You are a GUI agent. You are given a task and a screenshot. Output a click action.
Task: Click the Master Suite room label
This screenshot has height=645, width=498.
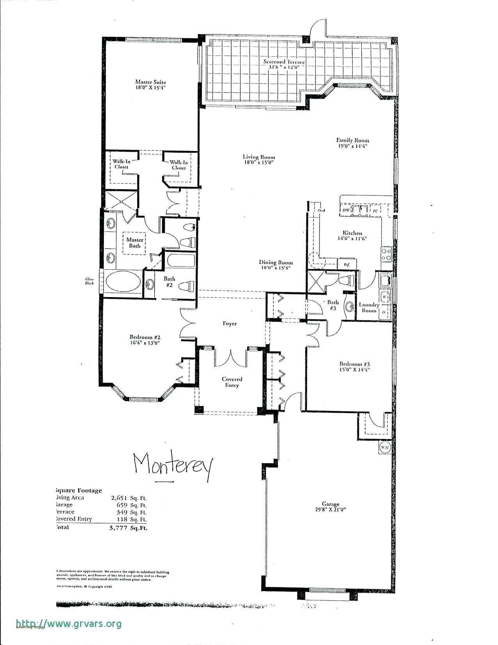click(x=150, y=82)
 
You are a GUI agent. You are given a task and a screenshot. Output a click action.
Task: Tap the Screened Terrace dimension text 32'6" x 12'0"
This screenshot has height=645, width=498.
click(x=284, y=67)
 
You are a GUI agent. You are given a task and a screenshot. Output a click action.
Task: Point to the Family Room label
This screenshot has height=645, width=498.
click(x=352, y=140)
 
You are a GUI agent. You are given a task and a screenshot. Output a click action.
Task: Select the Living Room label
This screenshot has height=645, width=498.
click(x=259, y=157)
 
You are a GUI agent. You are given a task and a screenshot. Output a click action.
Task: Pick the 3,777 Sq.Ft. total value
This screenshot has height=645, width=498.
click(x=129, y=528)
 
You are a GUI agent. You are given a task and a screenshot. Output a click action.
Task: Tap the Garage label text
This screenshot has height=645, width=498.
click(x=330, y=504)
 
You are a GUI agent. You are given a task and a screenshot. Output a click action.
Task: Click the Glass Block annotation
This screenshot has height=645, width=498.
click(x=89, y=281)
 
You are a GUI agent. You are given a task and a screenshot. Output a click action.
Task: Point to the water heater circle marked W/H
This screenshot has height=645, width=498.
click(x=385, y=447)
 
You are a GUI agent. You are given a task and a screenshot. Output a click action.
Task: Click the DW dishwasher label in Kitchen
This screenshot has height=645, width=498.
click(x=346, y=210)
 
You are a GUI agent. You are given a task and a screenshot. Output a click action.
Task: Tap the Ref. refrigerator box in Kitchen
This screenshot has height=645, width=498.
click(x=347, y=264)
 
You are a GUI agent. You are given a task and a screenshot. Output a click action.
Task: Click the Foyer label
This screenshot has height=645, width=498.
click(x=230, y=324)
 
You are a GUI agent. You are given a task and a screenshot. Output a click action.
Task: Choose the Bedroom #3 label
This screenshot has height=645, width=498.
click(x=354, y=364)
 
